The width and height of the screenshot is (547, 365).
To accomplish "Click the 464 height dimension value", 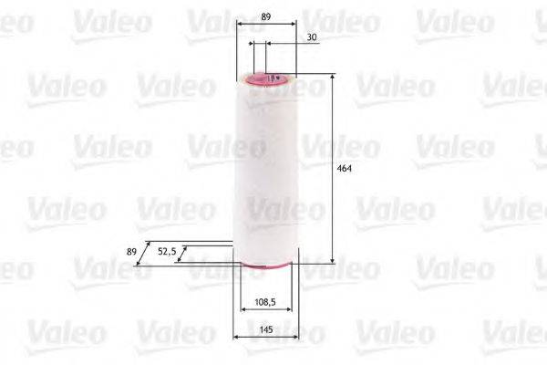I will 344,170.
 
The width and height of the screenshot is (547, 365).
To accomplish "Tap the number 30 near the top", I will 312,36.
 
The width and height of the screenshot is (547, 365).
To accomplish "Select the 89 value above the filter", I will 265,16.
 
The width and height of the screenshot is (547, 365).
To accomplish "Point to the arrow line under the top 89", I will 265,26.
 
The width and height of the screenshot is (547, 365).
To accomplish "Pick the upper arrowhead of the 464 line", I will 332,79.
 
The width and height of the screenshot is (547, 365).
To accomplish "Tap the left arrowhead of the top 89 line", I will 239,26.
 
